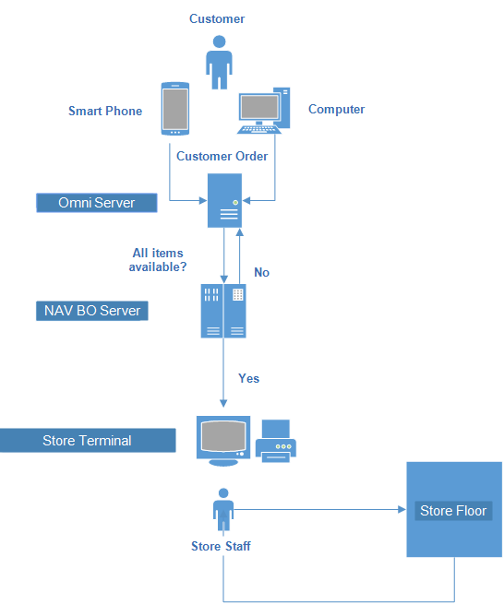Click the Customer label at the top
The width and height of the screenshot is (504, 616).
217,18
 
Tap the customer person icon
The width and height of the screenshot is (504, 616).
219,62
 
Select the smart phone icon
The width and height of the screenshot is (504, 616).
175,109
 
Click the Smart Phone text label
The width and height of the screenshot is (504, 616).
105,111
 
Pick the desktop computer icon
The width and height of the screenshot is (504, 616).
264,111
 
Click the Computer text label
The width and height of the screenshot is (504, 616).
336,109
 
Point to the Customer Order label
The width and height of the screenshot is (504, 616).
222,156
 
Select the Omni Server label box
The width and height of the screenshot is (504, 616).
96,203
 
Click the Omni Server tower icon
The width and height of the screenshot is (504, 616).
225,200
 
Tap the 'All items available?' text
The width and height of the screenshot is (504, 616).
158,260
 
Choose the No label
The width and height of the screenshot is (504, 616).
261,272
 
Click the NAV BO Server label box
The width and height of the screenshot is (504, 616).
92,311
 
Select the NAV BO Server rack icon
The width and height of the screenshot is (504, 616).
223,311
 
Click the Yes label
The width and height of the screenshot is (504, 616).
248,378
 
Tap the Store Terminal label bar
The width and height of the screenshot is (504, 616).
88,441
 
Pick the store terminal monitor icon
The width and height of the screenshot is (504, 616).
222,440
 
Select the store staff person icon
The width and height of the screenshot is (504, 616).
222,510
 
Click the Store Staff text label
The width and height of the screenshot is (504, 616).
221,546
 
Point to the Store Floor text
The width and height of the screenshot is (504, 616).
452,511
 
